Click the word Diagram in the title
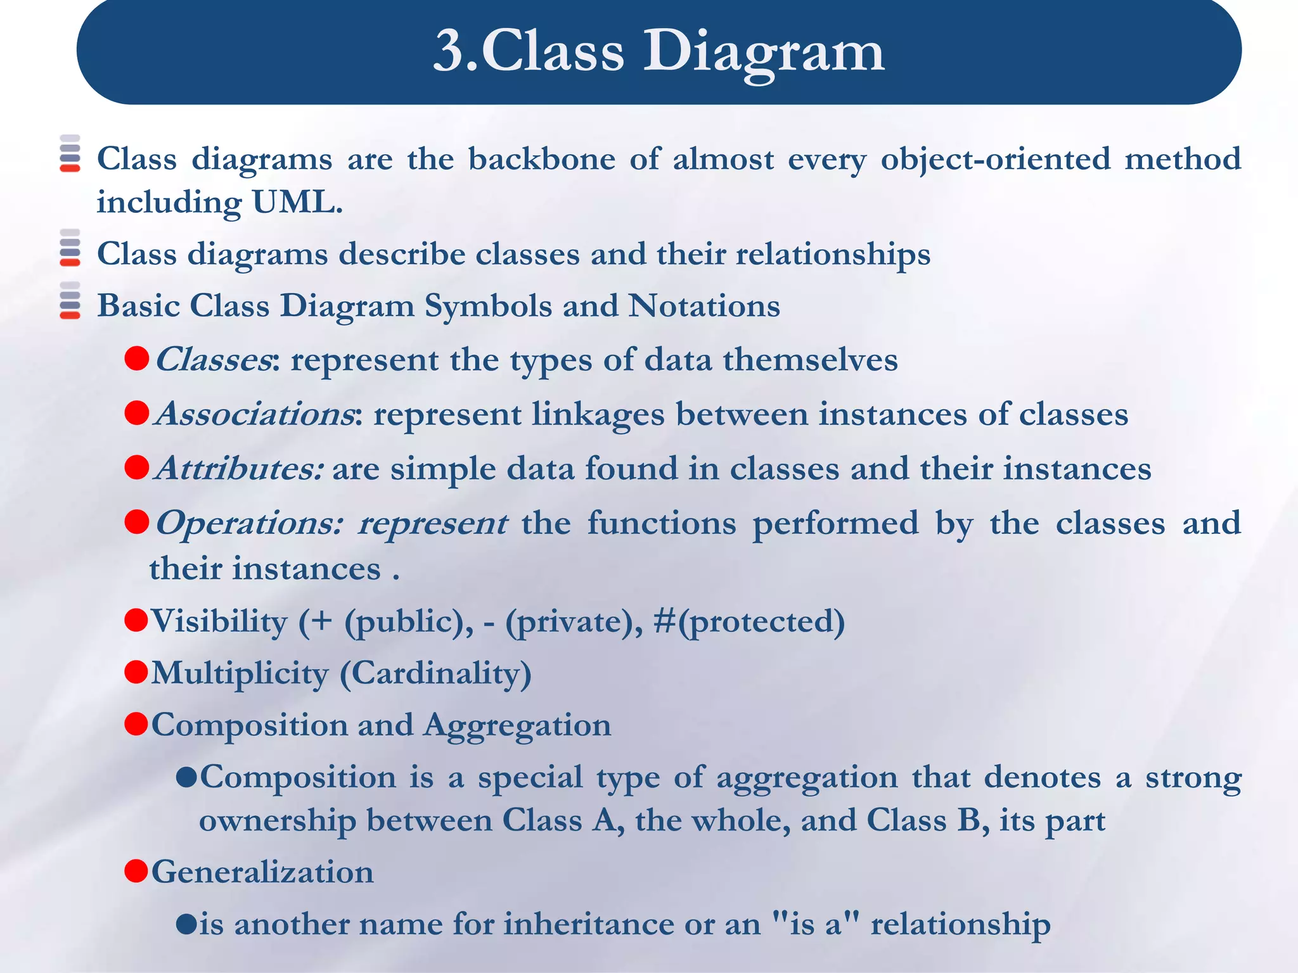764,52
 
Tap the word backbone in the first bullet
541,158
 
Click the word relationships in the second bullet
833,255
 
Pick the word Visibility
219,621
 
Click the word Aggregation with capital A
517,725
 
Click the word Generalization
262,872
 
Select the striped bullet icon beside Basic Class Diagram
70,300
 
